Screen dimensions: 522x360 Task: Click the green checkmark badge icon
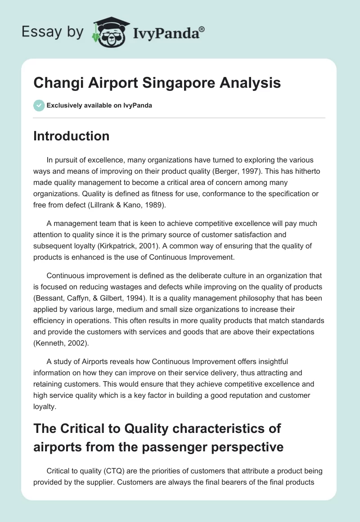click(x=39, y=105)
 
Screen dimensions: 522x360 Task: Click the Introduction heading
click(x=71, y=136)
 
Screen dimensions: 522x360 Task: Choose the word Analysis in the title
click(x=256, y=83)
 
